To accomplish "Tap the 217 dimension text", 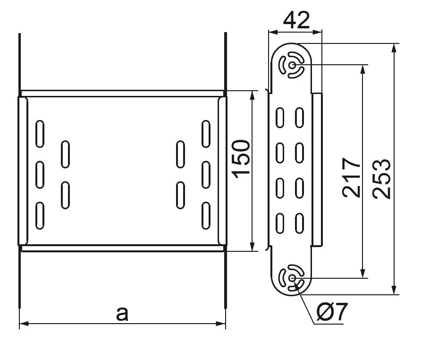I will tap(352, 177).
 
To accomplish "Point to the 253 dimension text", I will tap(381, 179).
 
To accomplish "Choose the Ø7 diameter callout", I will tap(332, 312).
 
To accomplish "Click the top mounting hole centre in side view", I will tap(293, 65).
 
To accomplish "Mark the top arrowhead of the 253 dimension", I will tap(395, 47).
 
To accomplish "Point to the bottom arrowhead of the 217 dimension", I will tap(362, 274).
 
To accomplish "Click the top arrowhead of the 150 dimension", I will tap(253, 94).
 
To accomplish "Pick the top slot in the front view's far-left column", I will tap(40, 133).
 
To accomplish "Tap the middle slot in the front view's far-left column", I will tap(40, 174).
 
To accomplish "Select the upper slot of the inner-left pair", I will tap(65, 154).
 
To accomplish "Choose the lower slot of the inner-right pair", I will tap(180, 195).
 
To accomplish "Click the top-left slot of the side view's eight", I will tap(280, 118).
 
